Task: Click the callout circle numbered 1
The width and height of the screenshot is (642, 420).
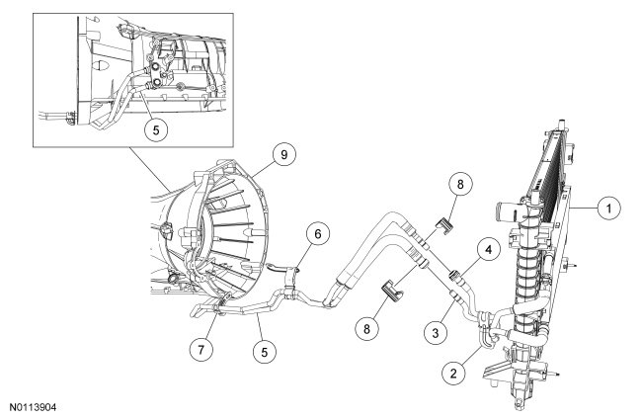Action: click(x=611, y=209)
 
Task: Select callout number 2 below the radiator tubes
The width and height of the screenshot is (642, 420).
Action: click(x=453, y=374)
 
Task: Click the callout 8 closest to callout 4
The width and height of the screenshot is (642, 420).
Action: click(x=456, y=183)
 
